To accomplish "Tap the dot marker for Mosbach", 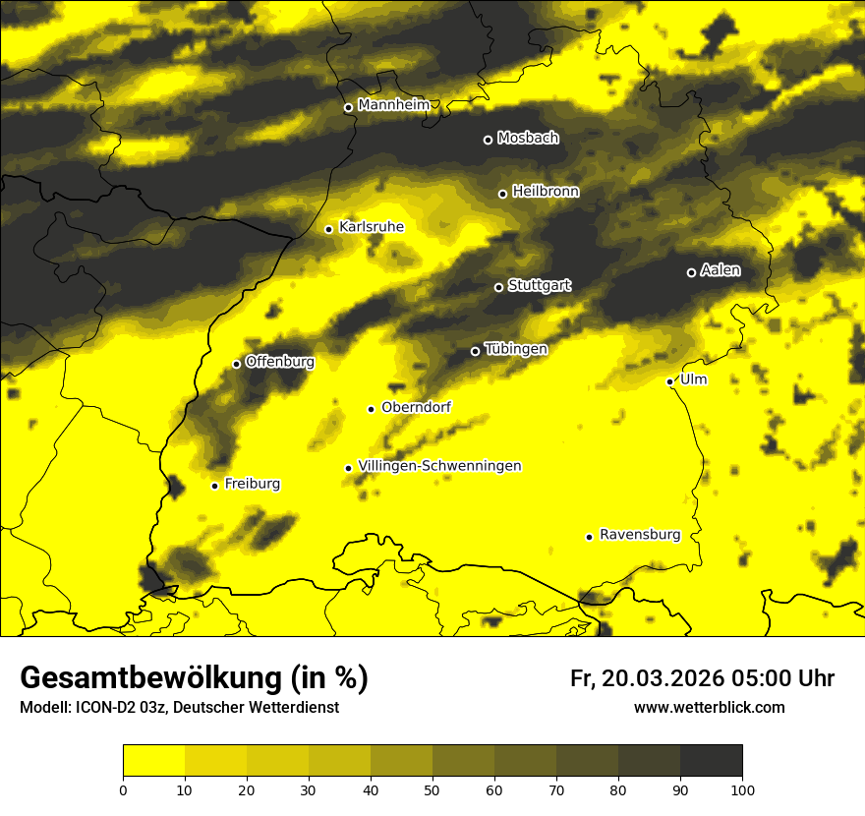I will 488,140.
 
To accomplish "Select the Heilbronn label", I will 546,192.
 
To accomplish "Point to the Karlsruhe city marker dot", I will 329,229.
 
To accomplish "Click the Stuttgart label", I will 539,285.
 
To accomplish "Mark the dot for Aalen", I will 691,272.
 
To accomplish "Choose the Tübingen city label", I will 515,349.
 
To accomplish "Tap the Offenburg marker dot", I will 236,364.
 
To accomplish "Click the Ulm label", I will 693,379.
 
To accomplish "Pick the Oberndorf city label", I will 416,407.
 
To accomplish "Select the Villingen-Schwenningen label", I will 439,466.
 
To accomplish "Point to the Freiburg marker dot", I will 214,486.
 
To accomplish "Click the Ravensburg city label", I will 639,535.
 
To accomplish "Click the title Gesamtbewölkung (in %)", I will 194,678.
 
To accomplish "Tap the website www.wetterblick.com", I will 709,708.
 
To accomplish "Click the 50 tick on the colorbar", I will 432,788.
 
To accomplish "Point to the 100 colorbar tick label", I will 742,788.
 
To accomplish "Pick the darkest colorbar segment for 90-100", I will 711,761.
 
